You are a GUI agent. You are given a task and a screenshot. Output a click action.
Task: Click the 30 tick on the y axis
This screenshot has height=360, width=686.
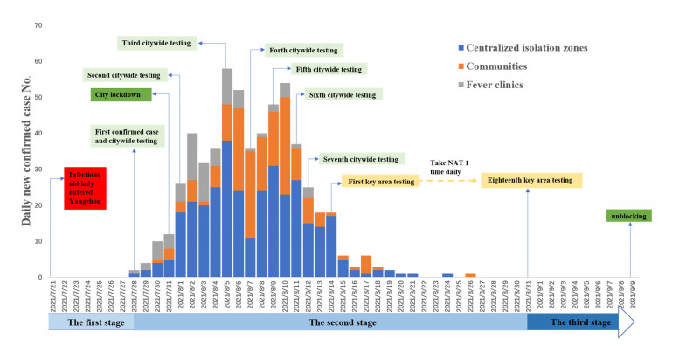click(x=37, y=170)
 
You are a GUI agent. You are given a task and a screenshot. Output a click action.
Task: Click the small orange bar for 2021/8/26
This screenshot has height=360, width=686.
click(x=470, y=275)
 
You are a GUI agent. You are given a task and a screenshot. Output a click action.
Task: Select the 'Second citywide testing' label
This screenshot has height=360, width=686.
click(x=123, y=74)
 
